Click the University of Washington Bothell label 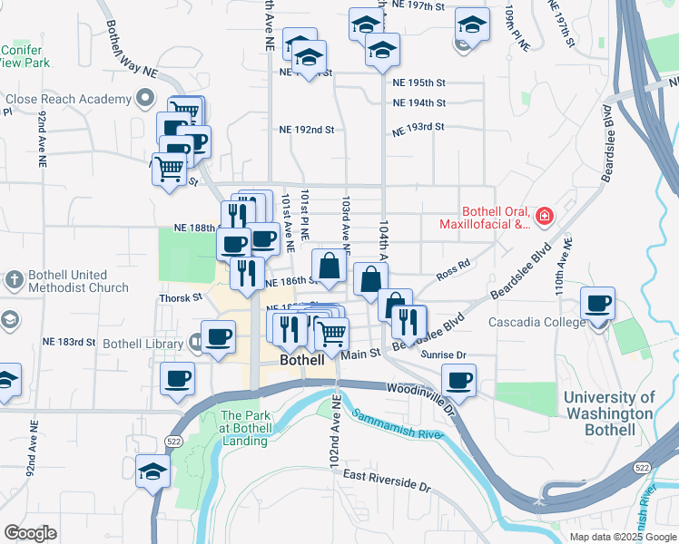(608, 413)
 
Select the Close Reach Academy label (69, 99)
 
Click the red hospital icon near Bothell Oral (544, 216)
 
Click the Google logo (30, 533)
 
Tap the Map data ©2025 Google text (623, 537)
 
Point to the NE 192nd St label (307, 130)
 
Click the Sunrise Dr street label (443, 355)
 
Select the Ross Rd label (452, 266)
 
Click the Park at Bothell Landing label (244, 429)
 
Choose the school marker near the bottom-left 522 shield (153, 471)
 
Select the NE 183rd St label (69, 342)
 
